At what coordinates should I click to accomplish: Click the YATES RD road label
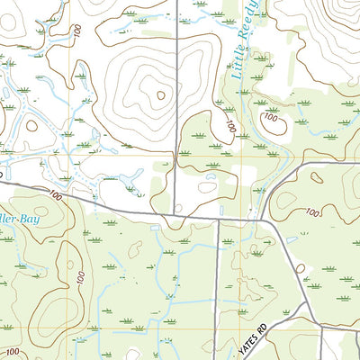pyautogui.click(x=260, y=337)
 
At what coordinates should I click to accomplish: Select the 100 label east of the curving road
pyautogui.click(x=312, y=212)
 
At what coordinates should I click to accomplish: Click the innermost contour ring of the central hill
pyautogui.click(x=160, y=94)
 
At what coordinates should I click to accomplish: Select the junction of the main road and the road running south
pyautogui.click(x=217, y=220)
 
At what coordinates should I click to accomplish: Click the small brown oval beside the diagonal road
pyautogui.click(x=300, y=267)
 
